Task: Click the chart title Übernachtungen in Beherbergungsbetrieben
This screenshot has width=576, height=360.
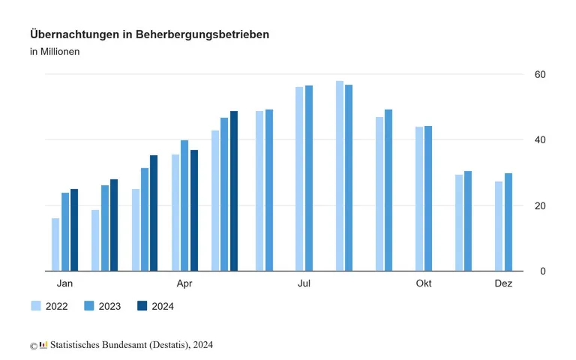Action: (149, 34)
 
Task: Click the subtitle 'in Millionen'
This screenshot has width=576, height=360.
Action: (55, 52)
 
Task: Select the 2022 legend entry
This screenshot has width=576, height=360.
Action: (49, 306)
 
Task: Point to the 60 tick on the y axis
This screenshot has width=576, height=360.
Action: (539, 74)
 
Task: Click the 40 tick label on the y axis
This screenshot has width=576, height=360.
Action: (539, 140)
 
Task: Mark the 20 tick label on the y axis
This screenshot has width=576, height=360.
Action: (539, 205)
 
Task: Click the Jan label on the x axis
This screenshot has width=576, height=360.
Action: (65, 283)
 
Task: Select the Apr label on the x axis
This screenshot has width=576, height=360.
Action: (184, 283)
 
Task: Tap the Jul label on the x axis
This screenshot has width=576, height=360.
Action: (304, 283)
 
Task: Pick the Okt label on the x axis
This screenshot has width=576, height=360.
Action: (424, 283)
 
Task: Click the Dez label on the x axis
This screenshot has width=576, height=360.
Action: (503, 283)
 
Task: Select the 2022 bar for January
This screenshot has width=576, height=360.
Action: (55, 244)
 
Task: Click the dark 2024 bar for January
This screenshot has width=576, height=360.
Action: (74, 229)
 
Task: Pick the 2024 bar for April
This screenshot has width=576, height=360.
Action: (193, 210)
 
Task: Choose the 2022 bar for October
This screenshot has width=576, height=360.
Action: (419, 199)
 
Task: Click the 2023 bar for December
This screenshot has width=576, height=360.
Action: (508, 222)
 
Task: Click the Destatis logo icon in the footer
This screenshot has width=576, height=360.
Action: (43, 345)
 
